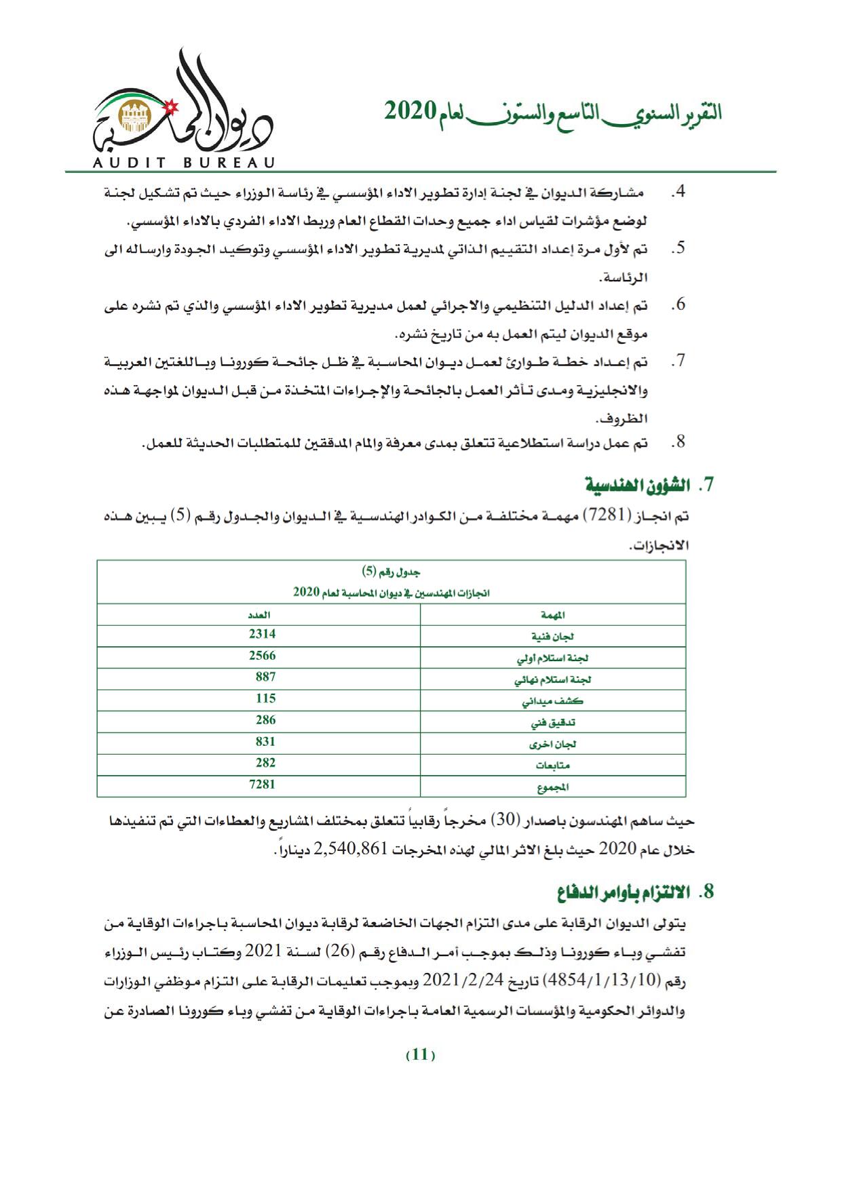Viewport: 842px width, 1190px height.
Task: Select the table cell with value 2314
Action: (262, 635)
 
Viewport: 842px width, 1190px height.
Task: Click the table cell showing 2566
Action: (262, 656)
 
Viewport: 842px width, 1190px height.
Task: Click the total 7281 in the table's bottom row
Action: (262, 785)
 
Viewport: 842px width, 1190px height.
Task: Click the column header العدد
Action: (259, 615)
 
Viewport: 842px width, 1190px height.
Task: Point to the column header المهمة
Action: (554, 615)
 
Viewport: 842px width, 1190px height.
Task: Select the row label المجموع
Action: (553, 787)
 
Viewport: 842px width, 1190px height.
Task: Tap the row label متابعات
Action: (553, 766)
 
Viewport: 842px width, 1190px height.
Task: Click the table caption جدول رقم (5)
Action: (392, 572)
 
